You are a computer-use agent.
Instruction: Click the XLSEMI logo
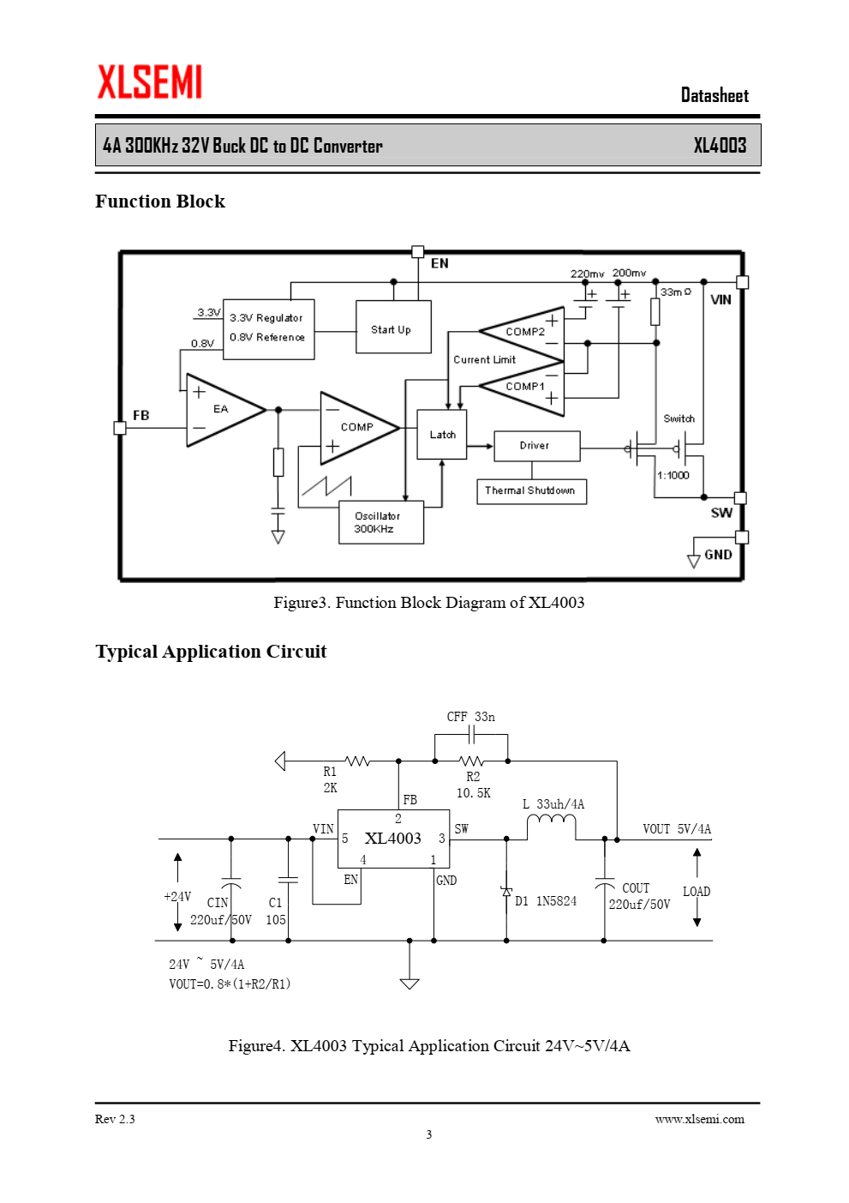click(149, 81)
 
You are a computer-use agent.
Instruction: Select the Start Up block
click(393, 327)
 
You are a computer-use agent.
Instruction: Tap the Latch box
click(442, 435)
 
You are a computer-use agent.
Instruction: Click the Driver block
click(536, 446)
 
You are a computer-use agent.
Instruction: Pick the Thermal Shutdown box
click(531, 491)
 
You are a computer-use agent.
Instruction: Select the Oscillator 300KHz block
click(381, 522)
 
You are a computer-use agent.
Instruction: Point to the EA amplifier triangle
click(226, 411)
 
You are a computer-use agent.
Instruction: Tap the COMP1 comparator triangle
click(521, 388)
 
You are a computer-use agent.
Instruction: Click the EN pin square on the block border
click(417, 251)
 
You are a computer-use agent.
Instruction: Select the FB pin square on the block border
click(120, 428)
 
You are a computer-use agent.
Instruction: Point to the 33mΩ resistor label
click(676, 292)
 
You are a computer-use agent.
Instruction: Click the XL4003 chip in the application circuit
click(393, 839)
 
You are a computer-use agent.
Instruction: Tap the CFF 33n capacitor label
click(470, 717)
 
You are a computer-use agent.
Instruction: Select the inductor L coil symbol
click(551, 824)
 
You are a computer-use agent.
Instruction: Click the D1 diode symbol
click(506, 892)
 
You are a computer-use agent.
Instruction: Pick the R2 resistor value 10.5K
click(474, 792)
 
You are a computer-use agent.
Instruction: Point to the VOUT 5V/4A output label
click(677, 828)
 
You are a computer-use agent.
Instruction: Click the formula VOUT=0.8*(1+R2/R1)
click(230, 983)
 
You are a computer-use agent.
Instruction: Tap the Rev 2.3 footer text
click(115, 1119)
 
